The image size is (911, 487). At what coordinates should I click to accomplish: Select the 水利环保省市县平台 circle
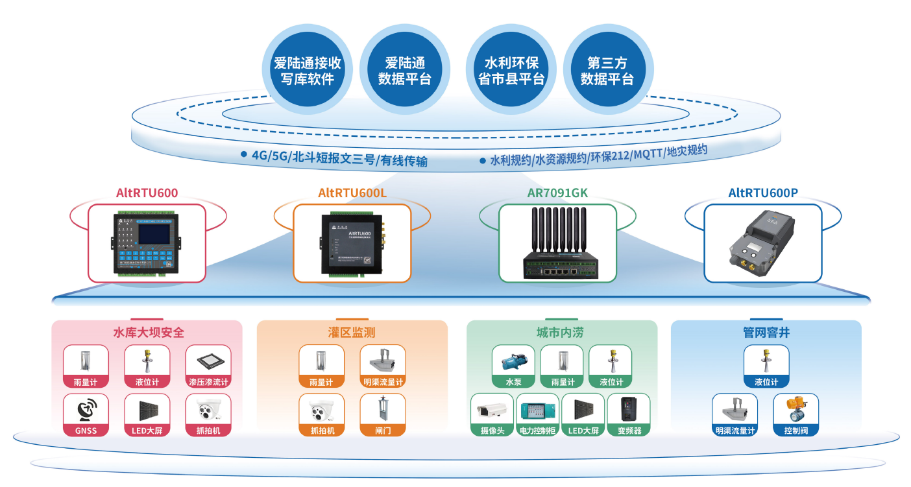click(x=511, y=70)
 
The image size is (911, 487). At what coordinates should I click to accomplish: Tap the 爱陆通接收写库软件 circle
click(x=307, y=70)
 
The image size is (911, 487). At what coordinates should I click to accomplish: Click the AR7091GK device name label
click(x=557, y=193)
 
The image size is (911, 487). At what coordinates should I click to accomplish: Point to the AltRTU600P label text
click(x=762, y=193)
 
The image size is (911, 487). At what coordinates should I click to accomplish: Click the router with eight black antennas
click(x=557, y=243)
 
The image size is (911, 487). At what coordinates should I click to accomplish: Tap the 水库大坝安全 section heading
click(x=149, y=333)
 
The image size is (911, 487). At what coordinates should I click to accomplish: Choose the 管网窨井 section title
click(x=766, y=333)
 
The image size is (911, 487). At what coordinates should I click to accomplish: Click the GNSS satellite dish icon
click(x=87, y=410)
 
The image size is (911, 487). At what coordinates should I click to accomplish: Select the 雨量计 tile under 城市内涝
click(x=562, y=366)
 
